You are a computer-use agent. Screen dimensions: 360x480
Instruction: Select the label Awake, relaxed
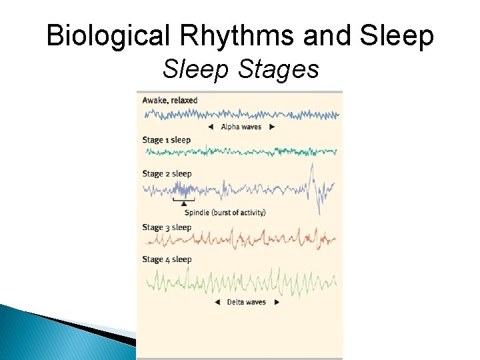coord(170,100)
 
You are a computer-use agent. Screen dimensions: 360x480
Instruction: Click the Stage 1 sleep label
coord(166,140)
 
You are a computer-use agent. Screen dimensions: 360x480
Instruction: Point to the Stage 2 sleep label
coord(167,174)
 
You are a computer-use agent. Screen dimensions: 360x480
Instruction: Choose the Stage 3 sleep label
coord(167,227)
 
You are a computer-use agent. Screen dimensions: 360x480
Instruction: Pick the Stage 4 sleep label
coord(167,259)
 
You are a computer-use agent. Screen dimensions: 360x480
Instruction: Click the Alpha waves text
coord(240,127)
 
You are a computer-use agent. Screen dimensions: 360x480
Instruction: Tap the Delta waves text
coord(247,302)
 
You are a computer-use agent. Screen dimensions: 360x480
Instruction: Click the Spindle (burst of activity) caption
coord(225,213)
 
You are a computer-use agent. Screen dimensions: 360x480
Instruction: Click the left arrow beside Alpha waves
coord(211,127)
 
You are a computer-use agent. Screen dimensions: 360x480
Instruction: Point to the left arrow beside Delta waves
coord(217,302)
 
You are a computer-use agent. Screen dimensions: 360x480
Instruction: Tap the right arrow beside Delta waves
coord(277,302)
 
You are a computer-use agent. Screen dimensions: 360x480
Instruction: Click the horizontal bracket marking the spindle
coord(183,199)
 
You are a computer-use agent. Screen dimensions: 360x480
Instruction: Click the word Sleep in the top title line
coord(399,37)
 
